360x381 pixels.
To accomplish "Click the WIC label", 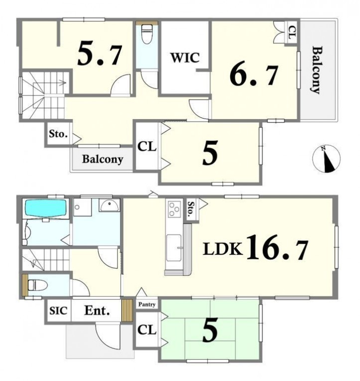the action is pyautogui.click(x=185, y=58).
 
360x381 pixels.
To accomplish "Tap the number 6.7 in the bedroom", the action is pyautogui.click(x=254, y=75).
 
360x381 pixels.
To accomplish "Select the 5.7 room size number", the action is pyautogui.click(x=100, y=55).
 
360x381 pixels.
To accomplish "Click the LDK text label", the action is pyautogui.click(x=223, y=249).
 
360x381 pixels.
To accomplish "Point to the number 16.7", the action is pyautogui.click(x=277, y=248).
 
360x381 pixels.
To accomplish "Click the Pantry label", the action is pyautogui.click(x=147, y=304).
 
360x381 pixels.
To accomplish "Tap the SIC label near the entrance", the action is pyautogui.click(x=58, y=311).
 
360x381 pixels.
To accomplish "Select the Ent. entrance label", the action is pyautogui.click(x=97, y=311).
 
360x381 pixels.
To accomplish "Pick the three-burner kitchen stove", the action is pyautogui.click(x=174, y=209).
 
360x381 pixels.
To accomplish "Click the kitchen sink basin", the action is pyautogui.click(x=174, y=248).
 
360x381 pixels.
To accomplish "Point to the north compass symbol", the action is pyautogui.click(x=326, y=159).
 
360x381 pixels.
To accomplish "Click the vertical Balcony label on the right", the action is pyautogui.click(x=317, y=70).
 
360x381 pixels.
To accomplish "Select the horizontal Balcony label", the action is pyautogui.click(x=103, y=159).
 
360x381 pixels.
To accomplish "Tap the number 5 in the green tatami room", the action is pyautogui.click(x=210, y=331).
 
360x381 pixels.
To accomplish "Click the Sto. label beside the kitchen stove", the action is pyautogui.click(x=191, y=209).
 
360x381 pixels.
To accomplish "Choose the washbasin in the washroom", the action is pyautogui.click(x=110, y=205).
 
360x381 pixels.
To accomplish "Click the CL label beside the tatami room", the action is pyautogui.click(x=147, y=330).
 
